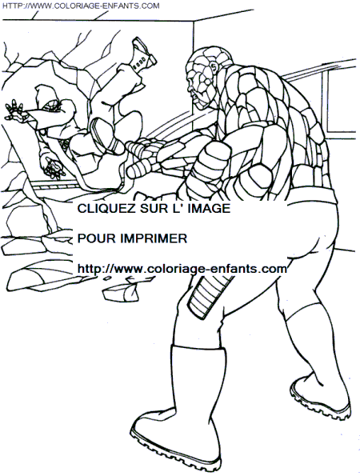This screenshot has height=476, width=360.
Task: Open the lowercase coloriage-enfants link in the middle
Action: pos(182,269)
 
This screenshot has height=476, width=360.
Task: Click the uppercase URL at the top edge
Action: pos(81,6)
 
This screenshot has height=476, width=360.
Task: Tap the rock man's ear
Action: pos(214,69)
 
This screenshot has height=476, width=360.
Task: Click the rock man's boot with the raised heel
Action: pos(322,394)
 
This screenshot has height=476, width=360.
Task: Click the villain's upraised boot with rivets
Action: pos(143,55)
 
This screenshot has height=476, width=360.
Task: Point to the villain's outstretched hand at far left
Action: pos(14,110)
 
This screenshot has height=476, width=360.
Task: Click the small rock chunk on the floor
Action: pos(122,291)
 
